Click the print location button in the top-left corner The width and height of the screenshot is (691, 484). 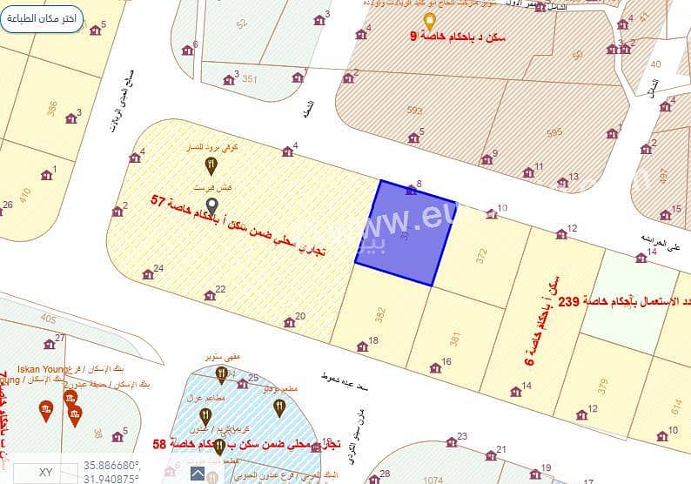click(x=42, y=18)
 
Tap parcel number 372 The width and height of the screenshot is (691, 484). click(x=481, y=254)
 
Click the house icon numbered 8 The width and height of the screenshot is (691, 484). click(x=411, y=189)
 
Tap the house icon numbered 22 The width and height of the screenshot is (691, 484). click(x=210, y=295)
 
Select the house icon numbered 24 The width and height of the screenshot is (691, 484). click(x=148, y=274)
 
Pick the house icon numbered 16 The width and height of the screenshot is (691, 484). click(x=435, y=367)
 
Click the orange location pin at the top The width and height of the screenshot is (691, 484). click(x=429, y=20)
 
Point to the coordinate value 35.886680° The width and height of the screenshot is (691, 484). click(x=112, y=465)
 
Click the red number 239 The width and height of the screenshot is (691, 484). click(x=568, y=300)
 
